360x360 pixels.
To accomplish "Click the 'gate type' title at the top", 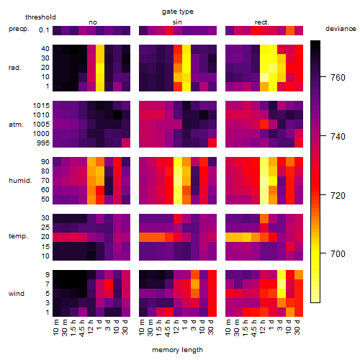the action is [178, 12].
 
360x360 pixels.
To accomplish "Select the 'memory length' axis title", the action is [178, 350].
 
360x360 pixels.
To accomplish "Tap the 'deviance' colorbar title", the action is [341, 29].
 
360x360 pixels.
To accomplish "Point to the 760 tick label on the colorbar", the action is [338, 78].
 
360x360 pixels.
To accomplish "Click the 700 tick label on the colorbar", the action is [338, 253].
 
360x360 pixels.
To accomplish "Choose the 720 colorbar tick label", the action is [338, 196].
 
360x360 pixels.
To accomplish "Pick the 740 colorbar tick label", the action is [338, 137].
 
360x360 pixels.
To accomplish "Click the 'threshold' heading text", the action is [40, 17].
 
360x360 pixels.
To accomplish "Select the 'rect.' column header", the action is [262, 22].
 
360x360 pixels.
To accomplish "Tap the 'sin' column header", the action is [177, 22].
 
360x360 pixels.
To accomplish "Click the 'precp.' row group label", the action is [19, 29].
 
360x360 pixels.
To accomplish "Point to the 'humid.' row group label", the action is [20, 181].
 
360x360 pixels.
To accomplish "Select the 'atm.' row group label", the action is [16, 125].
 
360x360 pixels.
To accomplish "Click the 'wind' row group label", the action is [17, 294].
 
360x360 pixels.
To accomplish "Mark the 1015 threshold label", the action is [41, 106].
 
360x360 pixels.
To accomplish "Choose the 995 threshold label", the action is [43, 143].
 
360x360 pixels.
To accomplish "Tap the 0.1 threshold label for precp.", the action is [44, 30].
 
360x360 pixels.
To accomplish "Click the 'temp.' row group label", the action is [18, 236].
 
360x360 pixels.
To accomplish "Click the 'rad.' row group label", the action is [15, 68].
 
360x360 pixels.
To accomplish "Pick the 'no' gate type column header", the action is [93, 22].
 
